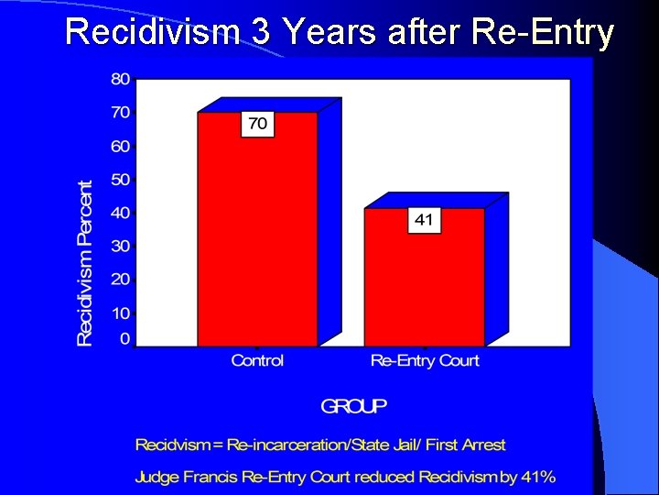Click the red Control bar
click(x=257, y=238)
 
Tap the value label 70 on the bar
click(x=258, y=124)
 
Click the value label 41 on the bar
click(x=425, y=220)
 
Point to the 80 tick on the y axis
click(x=121, y=80)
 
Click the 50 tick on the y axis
click(x=121, y=180)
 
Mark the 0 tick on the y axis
click(x=124, y=339)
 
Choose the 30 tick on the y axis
click(x=121, y=246)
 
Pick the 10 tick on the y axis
click(x=121, y=313)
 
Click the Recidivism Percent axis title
click(x=85, y=263)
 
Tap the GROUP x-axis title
click(x=354, y=405)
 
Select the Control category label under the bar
click(x=257, y=361)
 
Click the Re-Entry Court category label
click(x=425, y=361)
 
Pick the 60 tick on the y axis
click(x=121, y=147)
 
